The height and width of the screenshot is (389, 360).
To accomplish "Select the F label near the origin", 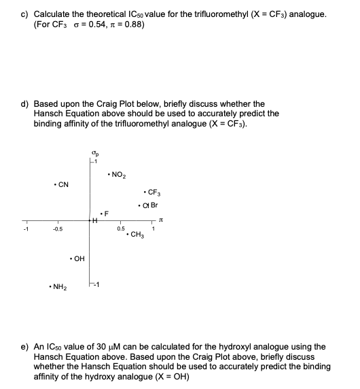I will [106, 212].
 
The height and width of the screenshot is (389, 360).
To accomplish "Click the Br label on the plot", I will [154, 205].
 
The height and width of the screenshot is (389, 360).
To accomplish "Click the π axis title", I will [161, 219].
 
